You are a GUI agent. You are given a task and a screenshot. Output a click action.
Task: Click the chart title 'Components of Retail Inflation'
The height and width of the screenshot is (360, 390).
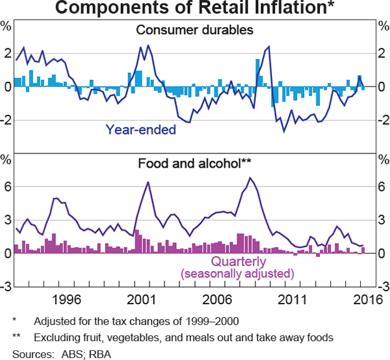tap(195, 9)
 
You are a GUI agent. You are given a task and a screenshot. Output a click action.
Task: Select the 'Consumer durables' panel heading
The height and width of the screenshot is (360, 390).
tap(194, 30)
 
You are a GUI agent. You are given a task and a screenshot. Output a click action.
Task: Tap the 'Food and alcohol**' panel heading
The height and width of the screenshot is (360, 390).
tap(194, 164)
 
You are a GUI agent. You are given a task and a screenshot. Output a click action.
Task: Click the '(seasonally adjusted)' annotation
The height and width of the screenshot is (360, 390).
tap(237, 273)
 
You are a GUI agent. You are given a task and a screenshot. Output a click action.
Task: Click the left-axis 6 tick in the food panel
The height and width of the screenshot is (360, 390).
tap(6, 187)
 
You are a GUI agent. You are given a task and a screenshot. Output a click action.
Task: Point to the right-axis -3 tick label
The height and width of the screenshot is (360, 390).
tap(382, 287)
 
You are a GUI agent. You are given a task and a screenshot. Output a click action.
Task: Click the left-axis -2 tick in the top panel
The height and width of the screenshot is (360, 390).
tap(5, 120)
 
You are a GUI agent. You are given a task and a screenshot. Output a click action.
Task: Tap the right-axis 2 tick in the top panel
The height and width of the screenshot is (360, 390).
tap(382, 53)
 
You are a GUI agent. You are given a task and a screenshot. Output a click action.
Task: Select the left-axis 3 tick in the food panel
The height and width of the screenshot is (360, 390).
tap(6, 220)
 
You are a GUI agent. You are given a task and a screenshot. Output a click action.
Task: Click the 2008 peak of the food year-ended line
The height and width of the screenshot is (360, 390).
tap(250, 177)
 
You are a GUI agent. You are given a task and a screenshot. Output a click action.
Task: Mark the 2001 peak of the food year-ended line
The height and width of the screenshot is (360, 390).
tap(148, 183)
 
